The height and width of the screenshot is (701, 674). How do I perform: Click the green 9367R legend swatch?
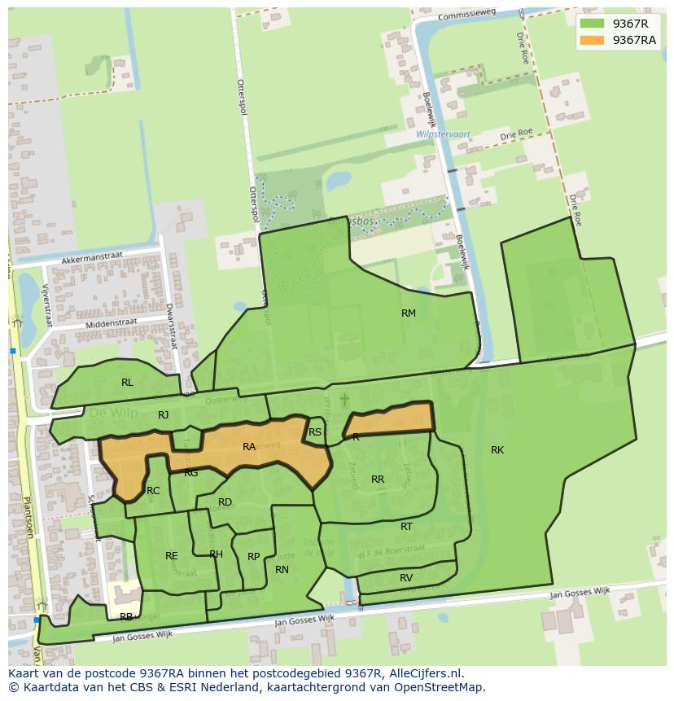coord(593,24)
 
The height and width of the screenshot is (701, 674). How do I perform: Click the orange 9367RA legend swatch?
coord(593,40)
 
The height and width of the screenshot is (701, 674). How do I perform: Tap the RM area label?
coord(409,313)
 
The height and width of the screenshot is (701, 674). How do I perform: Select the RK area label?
coord(497,450)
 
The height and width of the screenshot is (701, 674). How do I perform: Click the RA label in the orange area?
coord(249,447)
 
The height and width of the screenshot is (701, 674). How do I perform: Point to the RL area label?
coord(127,383)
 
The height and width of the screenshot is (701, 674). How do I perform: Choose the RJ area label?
coord(164,415)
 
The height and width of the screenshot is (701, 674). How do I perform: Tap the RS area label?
coord(315,432)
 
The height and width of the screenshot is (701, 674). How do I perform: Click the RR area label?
coord(378,480)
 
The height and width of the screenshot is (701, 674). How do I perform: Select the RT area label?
coord(406,527)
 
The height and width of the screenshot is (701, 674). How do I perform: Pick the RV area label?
coord(406,578)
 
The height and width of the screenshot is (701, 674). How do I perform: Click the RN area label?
coord(282,570)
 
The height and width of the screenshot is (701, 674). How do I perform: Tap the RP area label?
coord(253,557)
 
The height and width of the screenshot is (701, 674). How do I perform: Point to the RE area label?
coord(171,556)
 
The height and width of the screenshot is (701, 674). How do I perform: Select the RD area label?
coord(225,502)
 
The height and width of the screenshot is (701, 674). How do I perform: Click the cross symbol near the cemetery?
coord(344,400)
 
